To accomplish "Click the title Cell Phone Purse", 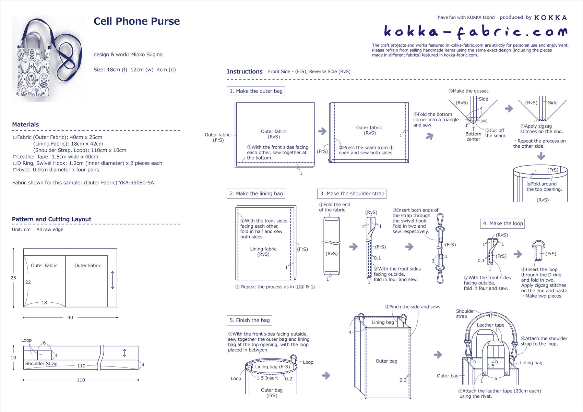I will (x=136, y=21).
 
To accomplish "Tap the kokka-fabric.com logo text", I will (x=475, y=32).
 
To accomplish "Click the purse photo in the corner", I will (x=49, y=58).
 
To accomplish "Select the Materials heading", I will (x=25, y=124).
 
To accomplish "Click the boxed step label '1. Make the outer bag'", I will (x=256, y=91).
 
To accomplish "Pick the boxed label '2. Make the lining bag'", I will (x=256, y=194).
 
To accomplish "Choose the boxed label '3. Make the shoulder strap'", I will (x=352, y=194).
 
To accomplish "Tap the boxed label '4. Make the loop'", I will (x=503, y=223).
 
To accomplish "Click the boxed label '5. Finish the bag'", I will (x=249, y=320).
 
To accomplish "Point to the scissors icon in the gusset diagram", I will (x=484, y=121).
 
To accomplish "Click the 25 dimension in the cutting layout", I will (x=13, y=278).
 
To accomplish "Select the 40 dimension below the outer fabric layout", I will (x=70, y=318).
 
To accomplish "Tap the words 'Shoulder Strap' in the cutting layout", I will (x=41, y=363).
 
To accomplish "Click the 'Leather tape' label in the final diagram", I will (x=490, y=325).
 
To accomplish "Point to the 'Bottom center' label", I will (x=473, y=136).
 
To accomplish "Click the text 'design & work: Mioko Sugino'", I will (x=128, y=54).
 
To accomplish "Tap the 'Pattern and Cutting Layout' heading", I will (x=51, y=219).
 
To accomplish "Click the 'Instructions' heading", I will (x=245, y=72).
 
